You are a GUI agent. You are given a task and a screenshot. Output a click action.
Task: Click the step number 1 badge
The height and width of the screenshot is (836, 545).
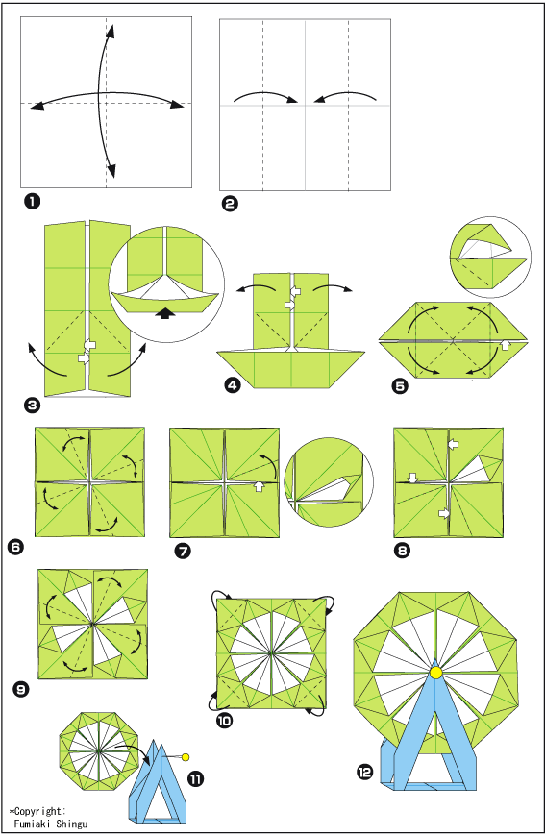(x=32, y=202)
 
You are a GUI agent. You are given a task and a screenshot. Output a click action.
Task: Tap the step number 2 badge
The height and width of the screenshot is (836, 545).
(x=231, y=204)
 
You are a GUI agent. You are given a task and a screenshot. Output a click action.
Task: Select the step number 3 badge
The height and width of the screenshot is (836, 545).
(x=32, y=406)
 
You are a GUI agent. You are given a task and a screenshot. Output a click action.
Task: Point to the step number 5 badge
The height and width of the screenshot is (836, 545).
(x=400, y=385)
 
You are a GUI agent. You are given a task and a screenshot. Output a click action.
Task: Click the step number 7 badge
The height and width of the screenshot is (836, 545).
(x=183, y=551)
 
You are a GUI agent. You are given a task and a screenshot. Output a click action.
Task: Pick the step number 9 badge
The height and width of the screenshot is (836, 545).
(x=21, y=690)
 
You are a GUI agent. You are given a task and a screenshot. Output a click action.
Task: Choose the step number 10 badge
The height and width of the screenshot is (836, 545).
(x=225, y=721)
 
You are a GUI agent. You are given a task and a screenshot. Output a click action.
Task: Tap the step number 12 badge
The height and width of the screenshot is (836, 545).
(x=364, y=772)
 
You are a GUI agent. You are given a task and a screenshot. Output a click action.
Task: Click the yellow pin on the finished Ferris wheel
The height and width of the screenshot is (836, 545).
(x=436, y=673)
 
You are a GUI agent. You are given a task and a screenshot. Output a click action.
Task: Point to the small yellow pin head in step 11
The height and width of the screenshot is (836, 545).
(x=186, y=757)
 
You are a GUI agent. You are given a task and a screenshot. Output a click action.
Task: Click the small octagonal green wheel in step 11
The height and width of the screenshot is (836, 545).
(x=99, y=751)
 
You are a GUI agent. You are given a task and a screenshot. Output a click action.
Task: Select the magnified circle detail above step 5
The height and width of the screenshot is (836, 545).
(x=490, y=257)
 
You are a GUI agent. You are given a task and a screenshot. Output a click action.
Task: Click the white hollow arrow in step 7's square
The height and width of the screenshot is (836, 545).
(x=259, y=487)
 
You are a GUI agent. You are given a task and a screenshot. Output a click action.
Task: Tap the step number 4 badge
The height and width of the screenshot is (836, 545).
(x=233, y=384)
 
